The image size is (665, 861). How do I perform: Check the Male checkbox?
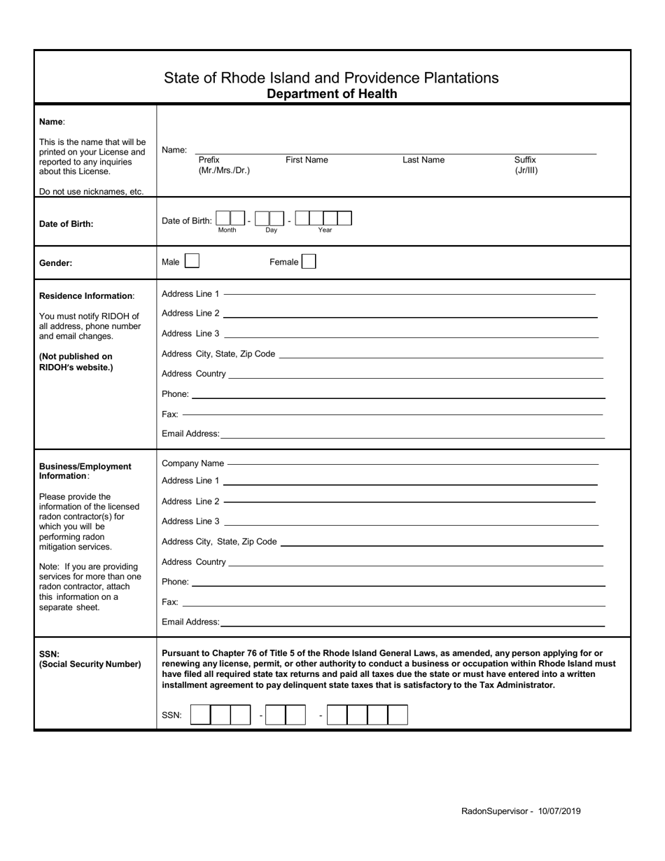point(192,262)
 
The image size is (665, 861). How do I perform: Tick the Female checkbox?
point(309,262)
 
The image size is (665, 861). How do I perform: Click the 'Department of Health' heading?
point(332,94)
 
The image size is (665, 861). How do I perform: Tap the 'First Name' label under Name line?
point(307,160)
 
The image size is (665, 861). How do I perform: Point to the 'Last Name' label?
point(423,160)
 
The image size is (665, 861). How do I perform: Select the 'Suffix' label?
point(525,160)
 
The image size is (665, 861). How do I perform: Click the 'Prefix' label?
point(209,160)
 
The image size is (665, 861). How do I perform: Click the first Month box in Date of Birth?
point(223,219)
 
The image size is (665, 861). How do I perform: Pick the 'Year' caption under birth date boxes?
point(325,230)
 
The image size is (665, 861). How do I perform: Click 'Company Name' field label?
point(192,463)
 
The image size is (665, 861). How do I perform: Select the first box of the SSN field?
point(200,715)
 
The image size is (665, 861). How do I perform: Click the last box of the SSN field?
point(398,715)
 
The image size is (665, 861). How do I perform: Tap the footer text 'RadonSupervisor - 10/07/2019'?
point(521,811)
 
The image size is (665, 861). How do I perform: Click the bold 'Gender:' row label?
point(56,263)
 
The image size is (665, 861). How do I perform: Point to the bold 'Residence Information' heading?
point(85,296)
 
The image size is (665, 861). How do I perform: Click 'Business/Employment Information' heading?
point(85,471)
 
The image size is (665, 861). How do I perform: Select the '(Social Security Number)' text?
point(90,664)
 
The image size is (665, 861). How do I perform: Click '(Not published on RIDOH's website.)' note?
point(76,362)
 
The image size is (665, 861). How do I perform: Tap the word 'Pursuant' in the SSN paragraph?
point(181,653)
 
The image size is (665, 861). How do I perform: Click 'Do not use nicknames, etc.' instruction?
point(91,192)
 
